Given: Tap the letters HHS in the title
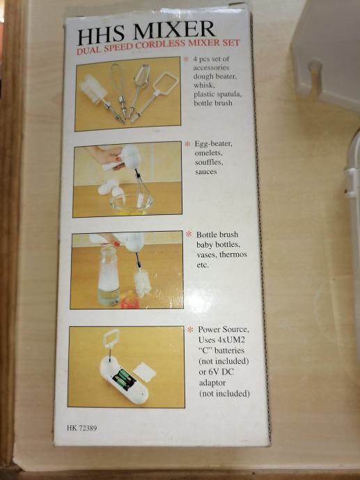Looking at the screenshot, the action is click(x=101, y=35).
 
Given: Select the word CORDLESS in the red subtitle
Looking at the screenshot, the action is click(x=161, y=45).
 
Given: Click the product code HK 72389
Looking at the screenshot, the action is click(x=81, y=428).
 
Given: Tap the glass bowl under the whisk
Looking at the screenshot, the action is click(x=131, y=204).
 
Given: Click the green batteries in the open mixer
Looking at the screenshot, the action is click(x=124, y=379).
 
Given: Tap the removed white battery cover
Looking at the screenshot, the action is click(x=144, y=371).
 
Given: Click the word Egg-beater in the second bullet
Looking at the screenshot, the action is click(x=214, y=144).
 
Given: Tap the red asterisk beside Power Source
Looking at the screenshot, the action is click(x=190, y=330).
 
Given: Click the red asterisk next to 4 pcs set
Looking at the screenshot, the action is click(x=186, y=59).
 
